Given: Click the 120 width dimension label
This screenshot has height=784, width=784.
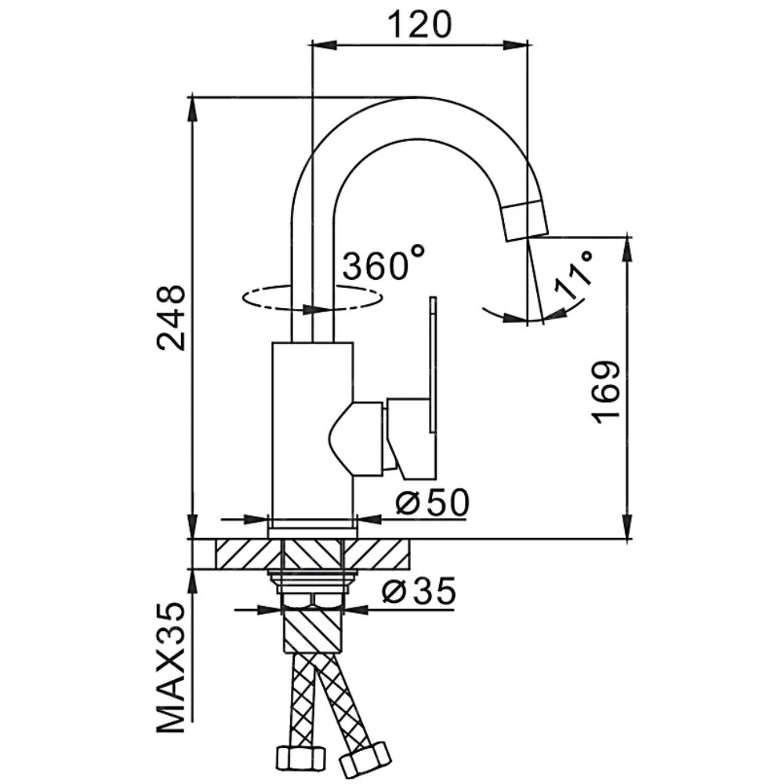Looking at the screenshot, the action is pyautogui.click(x=419, y=24).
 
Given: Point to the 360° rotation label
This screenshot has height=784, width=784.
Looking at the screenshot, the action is pyautogui.click(x=384, y=262).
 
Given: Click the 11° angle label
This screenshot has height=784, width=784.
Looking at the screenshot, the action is pyautogui.click(x=573, y=275).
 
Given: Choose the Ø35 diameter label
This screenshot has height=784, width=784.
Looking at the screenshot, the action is pyautogui.click(x=419, y=590).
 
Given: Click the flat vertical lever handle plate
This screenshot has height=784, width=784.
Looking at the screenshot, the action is pyautogui.click(x=433, y=365).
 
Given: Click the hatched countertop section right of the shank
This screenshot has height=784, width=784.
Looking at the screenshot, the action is pyautogui.click(x=377, y=554).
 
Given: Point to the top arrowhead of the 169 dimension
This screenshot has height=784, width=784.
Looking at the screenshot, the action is pyautogui.click(x=626, y=249).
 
